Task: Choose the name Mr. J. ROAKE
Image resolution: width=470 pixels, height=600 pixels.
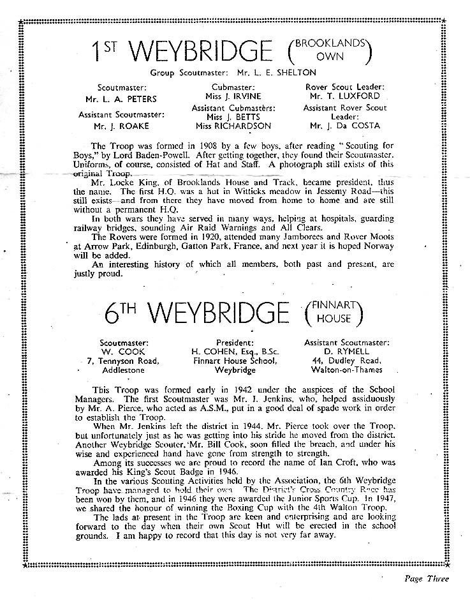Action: click(x=113, y=126)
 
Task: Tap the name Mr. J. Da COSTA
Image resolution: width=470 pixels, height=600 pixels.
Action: click(x=353, y=126)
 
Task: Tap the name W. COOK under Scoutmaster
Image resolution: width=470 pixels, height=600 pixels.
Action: click(x=124, y=351)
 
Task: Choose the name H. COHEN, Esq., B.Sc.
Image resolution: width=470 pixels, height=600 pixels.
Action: click(x=236, y=351)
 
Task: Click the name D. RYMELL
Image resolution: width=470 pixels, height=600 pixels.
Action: click(x=347, y=351)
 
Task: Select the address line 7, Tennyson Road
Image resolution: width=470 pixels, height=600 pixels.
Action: click(x=124, y=361)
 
